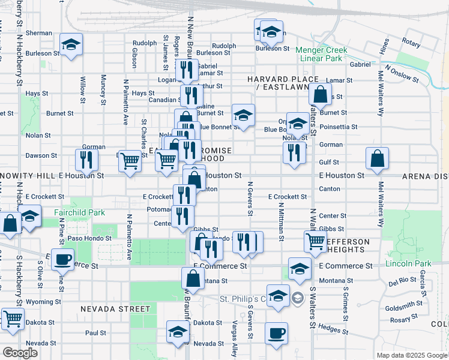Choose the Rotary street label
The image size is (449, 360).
411,43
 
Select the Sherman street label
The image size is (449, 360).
39,33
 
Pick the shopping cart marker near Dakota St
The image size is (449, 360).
11,319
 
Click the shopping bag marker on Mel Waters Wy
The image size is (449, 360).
378,158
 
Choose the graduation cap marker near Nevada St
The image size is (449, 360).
178,331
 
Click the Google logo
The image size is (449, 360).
20,353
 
